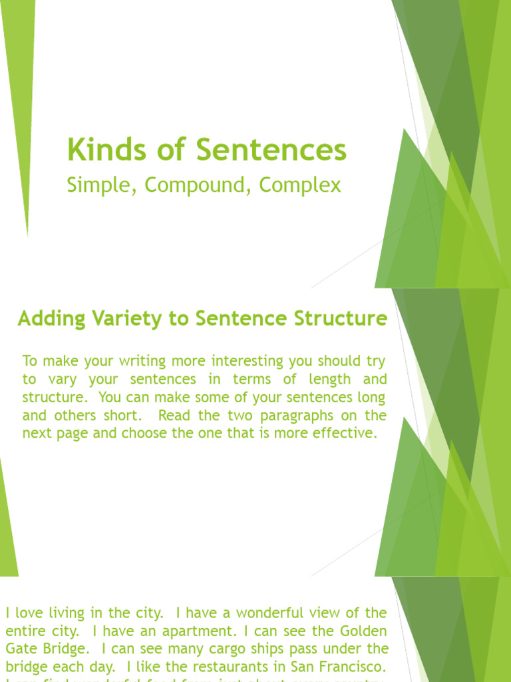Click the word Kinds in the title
pos(97,151)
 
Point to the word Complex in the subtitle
pos(300,185)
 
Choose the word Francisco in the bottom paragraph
pos(350,666)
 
